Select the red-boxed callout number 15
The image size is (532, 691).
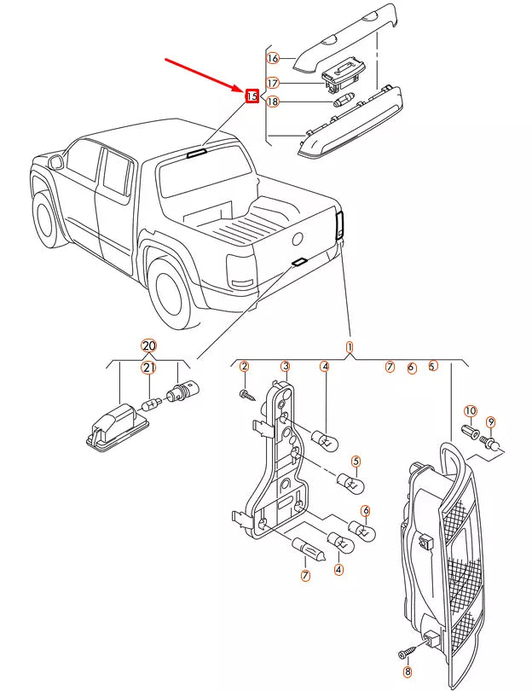252,96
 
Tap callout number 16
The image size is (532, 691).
273,58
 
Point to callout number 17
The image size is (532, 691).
273,83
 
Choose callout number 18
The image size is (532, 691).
273,102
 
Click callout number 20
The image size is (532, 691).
148,345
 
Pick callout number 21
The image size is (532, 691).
148,368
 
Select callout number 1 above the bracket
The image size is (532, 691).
349,347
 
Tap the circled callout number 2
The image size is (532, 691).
244,367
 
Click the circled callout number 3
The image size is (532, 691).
286,367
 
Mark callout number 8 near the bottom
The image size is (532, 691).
407,672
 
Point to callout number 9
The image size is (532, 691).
490,422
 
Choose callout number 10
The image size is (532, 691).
471,411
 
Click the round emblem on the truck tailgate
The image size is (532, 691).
299,239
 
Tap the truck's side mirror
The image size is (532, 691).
55,160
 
